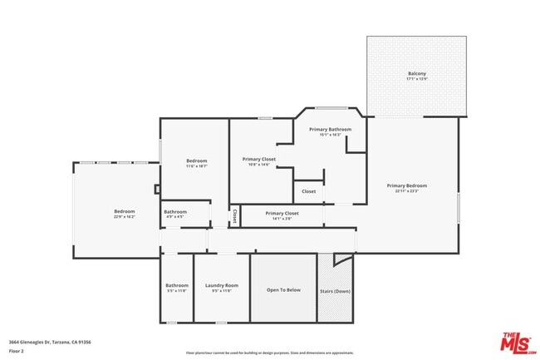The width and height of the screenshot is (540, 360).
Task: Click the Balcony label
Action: [x=416, y=74]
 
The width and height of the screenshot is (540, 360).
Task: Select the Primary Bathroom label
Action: [x=330, y=129]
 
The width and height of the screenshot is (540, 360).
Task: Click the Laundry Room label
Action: [x=222, y=285]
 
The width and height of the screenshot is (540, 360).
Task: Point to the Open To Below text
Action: [x=283, y=289]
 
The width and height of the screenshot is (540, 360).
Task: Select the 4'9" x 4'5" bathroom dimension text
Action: [x=175, y=217]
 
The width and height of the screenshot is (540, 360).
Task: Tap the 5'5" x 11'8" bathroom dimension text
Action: [x=176, y=291]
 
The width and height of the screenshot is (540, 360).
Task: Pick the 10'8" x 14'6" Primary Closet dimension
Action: [x=259, y=165]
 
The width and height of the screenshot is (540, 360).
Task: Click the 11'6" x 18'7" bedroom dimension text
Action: [x=196, y=165]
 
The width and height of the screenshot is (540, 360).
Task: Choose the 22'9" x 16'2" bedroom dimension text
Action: [x=124, y=216]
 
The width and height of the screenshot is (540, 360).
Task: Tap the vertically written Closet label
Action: [x=234, y=215]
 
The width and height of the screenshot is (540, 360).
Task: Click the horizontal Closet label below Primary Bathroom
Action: [x=308, y=191]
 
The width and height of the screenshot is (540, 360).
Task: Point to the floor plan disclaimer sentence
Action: [x=269, y=353]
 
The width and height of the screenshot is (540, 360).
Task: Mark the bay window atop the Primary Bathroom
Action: [x=330, y=107]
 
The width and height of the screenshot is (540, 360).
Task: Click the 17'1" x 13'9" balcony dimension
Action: [x=416, y=79]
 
